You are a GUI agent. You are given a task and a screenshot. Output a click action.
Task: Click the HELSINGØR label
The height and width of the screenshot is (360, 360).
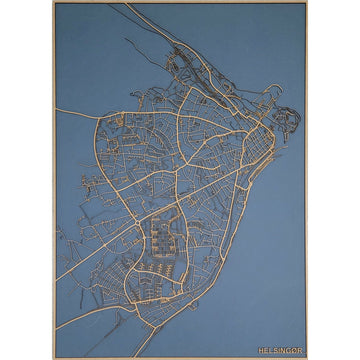[x=280, y=350]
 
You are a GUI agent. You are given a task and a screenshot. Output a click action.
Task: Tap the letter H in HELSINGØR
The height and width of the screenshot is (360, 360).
[x=261, y=350]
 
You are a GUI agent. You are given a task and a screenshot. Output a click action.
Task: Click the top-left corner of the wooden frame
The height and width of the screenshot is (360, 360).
[x=54, y=3]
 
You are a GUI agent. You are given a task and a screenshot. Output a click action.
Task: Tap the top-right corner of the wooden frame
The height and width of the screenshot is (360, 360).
[x=307, y=3]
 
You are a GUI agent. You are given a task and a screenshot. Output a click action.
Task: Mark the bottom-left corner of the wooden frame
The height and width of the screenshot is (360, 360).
[x=54, y=357]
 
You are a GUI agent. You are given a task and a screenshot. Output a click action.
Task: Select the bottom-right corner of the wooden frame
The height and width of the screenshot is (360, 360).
[x=307, y=357]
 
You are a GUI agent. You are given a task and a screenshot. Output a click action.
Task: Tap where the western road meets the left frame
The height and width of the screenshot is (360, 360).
[x=56, y=108]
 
